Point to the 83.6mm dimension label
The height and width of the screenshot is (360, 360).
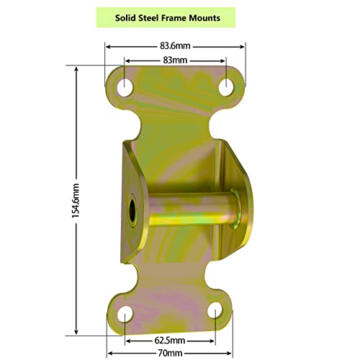point(175,45)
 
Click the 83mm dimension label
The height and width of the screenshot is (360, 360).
point(175,60)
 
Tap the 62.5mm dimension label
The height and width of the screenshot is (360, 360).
point(171,339)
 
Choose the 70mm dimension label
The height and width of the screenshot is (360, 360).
point(171,353)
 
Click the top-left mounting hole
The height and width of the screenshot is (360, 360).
point(126,87)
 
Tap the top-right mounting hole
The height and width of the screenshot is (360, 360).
point(226,86)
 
